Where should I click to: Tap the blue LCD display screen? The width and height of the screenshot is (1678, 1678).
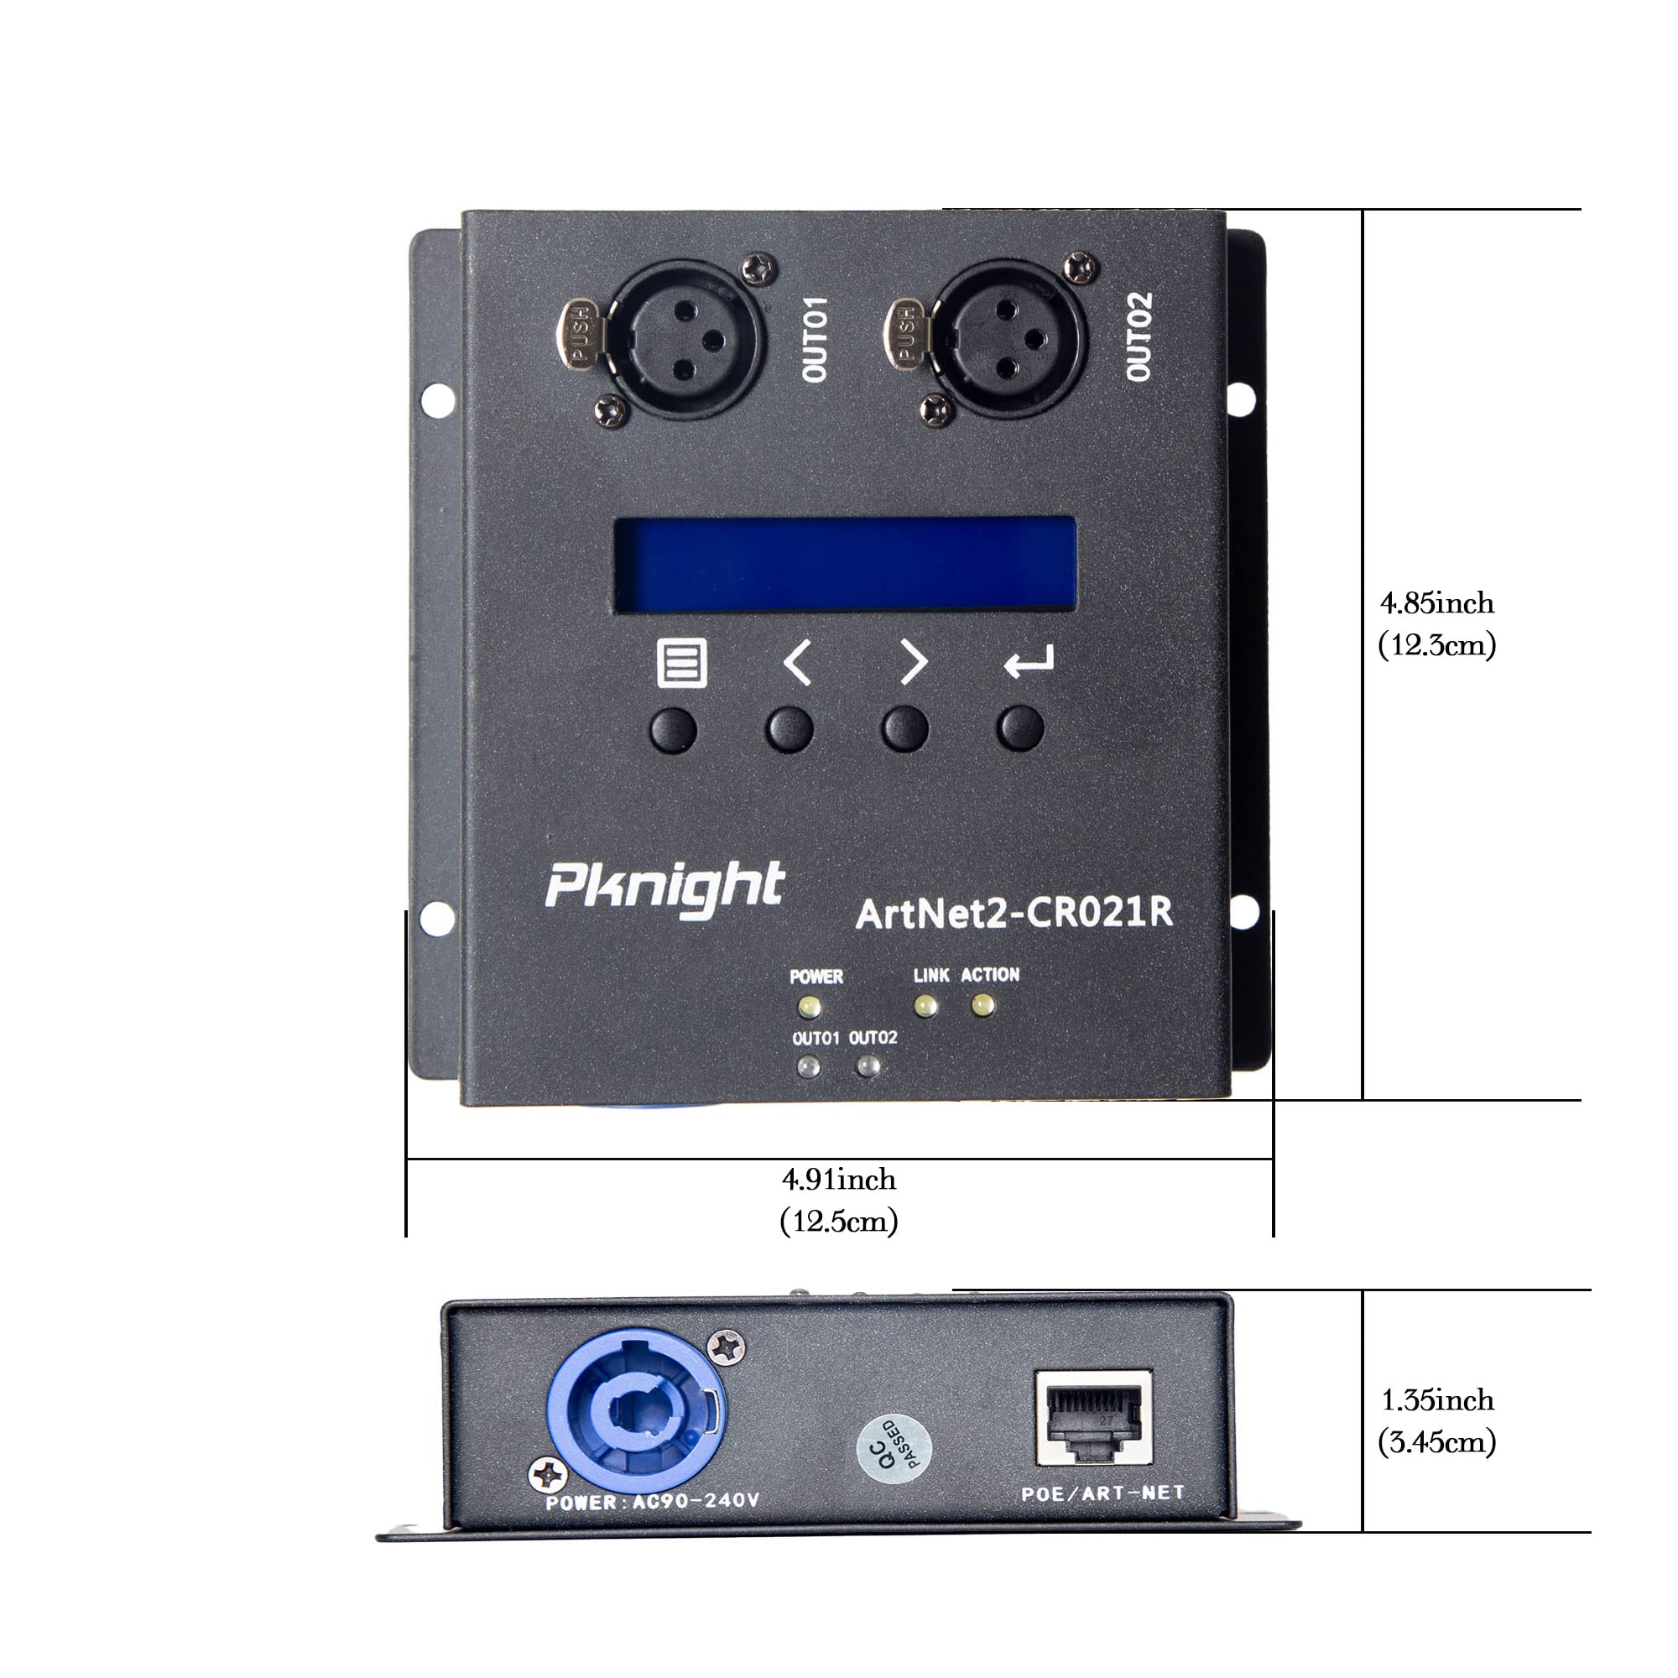[845, 565]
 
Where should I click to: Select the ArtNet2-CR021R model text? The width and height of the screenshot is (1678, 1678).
[1014, 913]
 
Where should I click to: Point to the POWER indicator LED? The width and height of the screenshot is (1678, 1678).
[810, 1007]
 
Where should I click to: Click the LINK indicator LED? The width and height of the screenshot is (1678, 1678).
[926, 1006]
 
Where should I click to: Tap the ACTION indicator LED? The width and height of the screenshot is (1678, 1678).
[983, 1006]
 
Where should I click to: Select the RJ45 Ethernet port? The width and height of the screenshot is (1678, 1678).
[1093, 1417]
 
